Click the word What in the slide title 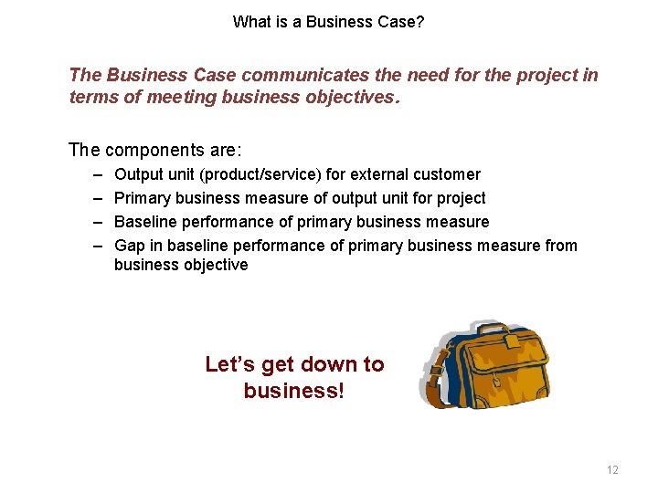[250, 21]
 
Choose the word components [170, 149]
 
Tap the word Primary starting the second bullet [142, 198]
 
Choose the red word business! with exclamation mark [294, 391]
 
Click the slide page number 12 [612, 470]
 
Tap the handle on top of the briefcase [493, 329]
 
